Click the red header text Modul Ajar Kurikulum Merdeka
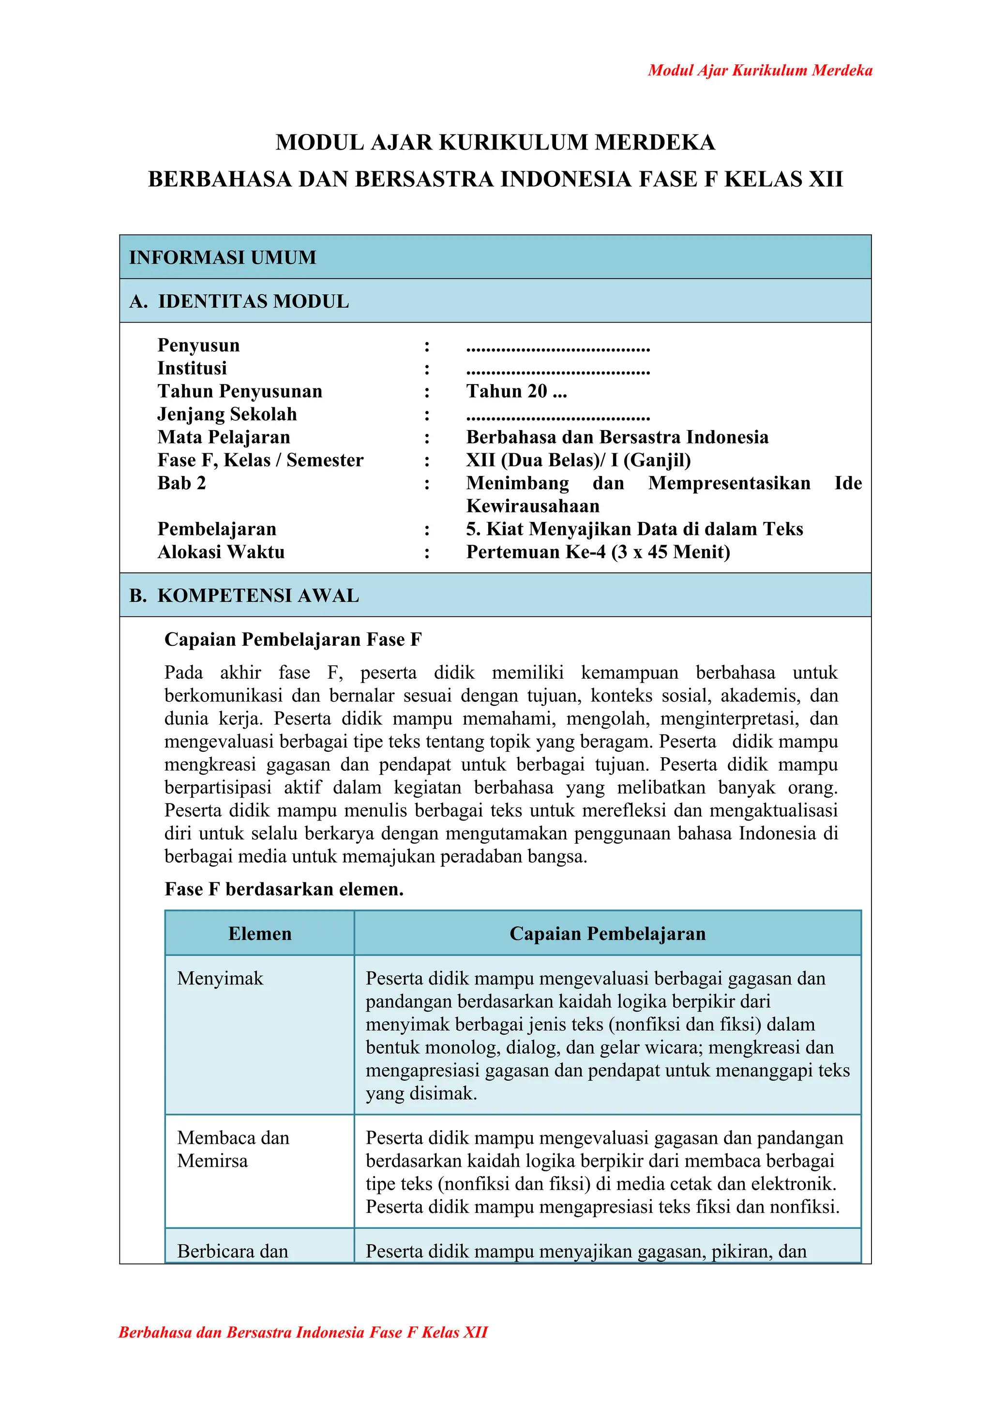coord(760,70)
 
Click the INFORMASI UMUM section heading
coord(223,257)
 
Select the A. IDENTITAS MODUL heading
coord(239,301)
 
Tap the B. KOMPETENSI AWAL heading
coord(244,595)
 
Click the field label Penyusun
coord(198,345)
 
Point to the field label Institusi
coord(192,368)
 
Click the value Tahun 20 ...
coord(516,391)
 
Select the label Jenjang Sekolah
coord(227,414)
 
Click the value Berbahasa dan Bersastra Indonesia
coord(617,437)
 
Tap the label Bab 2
coord(182,483)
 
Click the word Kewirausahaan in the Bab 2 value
coord(533,506)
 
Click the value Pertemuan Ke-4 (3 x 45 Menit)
coord(598,552)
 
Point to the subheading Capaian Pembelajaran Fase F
coord(293,640)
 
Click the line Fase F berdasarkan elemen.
coord(285,889)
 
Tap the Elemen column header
coord(260,934)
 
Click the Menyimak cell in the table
coord(220,978)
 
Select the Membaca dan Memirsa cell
coord(233,1149)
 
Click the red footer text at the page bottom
coord(303,1332)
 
